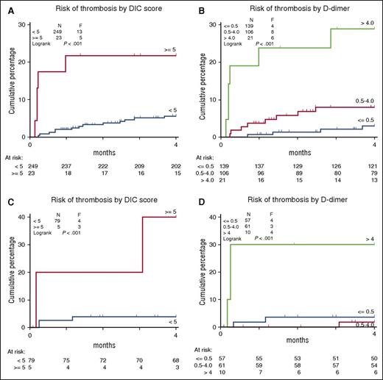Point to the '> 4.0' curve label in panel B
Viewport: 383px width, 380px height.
click(x=365, y=24)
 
